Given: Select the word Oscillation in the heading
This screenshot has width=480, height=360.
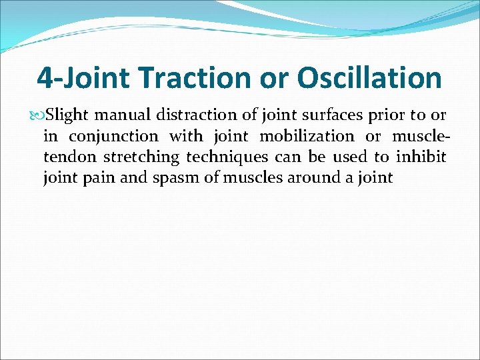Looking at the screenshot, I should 369,78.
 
